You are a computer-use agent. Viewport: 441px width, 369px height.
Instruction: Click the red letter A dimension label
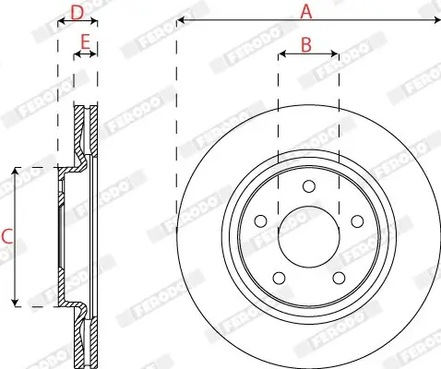(306, 12)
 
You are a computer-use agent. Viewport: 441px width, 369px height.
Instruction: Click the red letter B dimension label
(306, 45)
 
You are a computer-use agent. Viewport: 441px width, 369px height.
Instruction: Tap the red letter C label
(6, 237)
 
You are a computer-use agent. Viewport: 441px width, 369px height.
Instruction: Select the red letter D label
(77, 13)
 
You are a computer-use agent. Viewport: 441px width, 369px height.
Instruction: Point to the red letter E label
(85, 42)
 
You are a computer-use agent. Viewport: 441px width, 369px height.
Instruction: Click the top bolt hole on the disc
(309, 186)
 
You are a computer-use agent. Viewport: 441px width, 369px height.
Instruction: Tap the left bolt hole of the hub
(261, 221)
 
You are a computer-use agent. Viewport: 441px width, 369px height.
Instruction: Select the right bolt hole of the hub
(357, 221)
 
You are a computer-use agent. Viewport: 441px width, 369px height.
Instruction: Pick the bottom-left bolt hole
(280, 278)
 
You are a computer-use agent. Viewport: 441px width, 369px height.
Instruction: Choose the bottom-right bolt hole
(339, 278)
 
